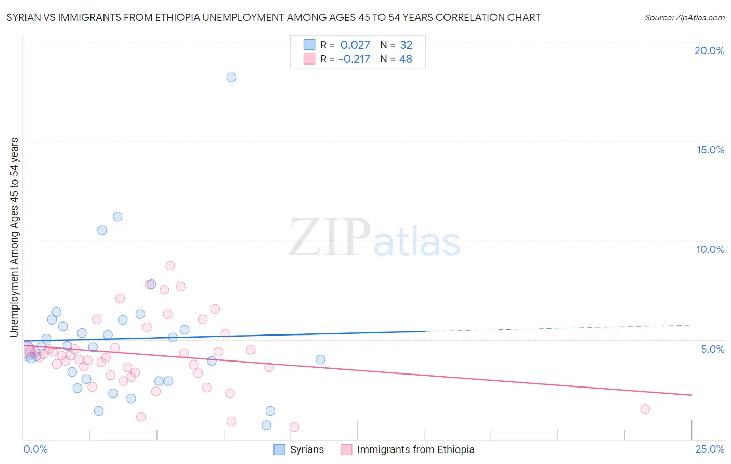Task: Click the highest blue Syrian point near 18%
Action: tap(231, 78)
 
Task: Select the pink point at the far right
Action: tap(645, 409)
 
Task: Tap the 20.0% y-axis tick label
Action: tap(709, 50)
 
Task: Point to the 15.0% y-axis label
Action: tap(710, 150)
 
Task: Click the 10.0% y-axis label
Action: tap(710, 249)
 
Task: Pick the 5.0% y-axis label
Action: tap(712, 349)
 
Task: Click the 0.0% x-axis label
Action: tap(36, 449)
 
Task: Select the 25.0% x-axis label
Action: tap(710, 449)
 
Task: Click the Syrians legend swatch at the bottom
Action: tap(280, 449)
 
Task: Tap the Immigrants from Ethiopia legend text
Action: tap(415, 449)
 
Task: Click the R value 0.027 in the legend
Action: tap(355, 45)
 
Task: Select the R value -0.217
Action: tap(354, 59)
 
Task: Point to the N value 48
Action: tap(406, 59)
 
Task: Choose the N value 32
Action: tap(406, 45)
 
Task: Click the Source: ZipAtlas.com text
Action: tap(685, 18)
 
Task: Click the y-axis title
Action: tap(15, 237)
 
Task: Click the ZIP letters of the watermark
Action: tap(329, 238)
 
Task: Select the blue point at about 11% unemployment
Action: tap(118, 216)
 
